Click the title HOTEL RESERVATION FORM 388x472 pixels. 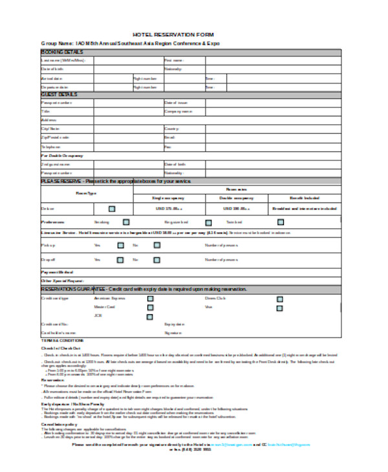[x=173, y=34]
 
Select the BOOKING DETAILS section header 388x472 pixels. [x=62, y=51]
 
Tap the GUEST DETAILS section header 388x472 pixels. [x=59, y=94]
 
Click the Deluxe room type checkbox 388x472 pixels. [x=112, y=209]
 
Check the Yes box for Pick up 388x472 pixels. [x=120, y=245]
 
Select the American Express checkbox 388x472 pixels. [x=150, y=299]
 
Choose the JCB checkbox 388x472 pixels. [x=150, y=316]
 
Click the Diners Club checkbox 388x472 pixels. [x=280, y=299]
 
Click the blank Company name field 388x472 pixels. [x=272, y=111]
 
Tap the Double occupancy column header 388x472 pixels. [x=236, y=198]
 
